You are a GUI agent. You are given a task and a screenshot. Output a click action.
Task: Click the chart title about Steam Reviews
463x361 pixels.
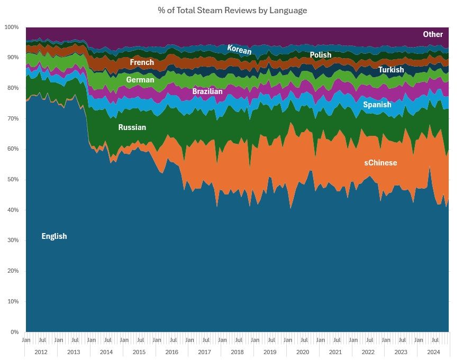pyautogui.click(x=232, y=10)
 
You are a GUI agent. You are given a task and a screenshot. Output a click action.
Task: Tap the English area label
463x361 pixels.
pyautogui.click(x=54, y=236)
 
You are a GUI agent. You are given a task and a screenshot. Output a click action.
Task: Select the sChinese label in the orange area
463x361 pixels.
pyautogui.click(x=380, y=163)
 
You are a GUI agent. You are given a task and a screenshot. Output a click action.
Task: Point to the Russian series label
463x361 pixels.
pyautogui.click(x=132, y=127)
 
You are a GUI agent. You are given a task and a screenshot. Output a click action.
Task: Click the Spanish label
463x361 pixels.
pyautogui.click(x=377, y=105)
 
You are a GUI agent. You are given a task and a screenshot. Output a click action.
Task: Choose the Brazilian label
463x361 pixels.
pyautogui.click(x=207, y=91)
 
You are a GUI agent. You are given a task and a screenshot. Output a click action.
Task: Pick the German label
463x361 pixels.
pyautogui.click(x=140, y=80)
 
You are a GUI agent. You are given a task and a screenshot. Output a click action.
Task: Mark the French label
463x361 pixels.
pyautogui.click(x=142, y=62)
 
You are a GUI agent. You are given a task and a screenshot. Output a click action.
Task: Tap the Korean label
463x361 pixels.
pyautogui.click(x=239, y=50)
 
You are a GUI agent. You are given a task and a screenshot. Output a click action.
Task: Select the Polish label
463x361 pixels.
pyautogui.click(x=320, y=55)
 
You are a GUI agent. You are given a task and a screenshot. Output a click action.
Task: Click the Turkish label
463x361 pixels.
pyautogui.click(x=391, y=70)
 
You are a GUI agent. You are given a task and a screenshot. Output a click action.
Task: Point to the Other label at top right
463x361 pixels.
pyautogui.click(x=433, y=34)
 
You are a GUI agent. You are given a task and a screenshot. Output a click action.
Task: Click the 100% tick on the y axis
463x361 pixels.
pyautogui.click(x=12, y=27)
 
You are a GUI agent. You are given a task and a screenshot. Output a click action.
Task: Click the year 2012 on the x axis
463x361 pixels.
pyautogui.click(x=41, y=351)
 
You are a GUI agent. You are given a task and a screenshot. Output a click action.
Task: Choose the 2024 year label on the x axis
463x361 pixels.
pyautogui.click(x=433, y=351)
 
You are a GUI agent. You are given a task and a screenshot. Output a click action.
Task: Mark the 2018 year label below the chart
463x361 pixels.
pyautogui.click(x=237, y=351)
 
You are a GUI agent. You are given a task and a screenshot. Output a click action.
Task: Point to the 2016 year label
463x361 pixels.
pyautogui.click(x=172, y=351)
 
